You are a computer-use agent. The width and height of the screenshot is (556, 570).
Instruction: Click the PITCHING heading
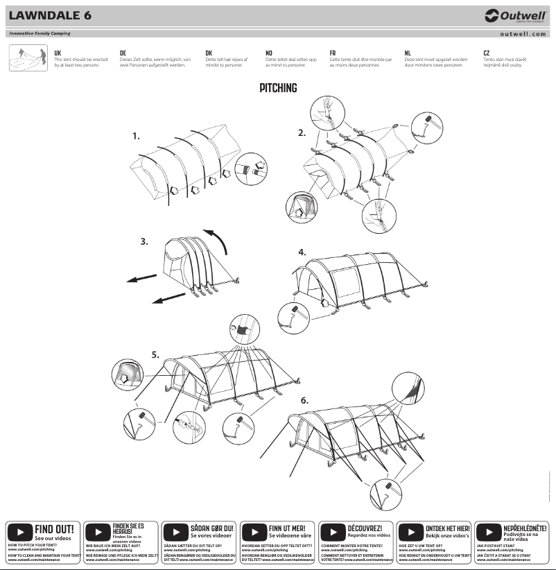[278, 88]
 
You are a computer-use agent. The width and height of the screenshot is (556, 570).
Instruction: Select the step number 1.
[136, 137]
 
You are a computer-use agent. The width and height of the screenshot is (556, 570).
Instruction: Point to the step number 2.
[302, 133]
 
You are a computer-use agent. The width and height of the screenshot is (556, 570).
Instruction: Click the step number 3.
[144, 242]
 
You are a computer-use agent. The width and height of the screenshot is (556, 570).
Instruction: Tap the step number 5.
[155, 354]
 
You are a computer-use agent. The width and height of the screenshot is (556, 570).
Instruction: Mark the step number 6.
[304, 400]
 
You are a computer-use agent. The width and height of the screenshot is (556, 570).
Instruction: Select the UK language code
[58, 53]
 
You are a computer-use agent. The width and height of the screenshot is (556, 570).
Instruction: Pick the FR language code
[333, 53]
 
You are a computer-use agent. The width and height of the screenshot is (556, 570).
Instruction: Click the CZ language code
[487, 53]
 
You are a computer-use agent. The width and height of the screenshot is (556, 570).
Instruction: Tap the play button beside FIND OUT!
[19, 533]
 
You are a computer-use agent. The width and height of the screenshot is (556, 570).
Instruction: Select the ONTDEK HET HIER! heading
[447, 528]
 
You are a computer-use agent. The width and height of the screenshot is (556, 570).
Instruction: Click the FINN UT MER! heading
[291, 528]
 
